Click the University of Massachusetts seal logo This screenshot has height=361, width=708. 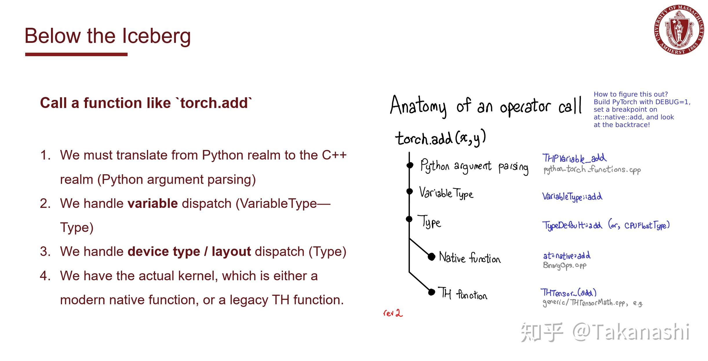679,30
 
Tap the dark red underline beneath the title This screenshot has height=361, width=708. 76,54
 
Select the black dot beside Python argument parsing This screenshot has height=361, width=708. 410,165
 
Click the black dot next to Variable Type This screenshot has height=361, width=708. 409,191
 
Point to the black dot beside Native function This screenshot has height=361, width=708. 432,256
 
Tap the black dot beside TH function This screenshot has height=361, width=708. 432,292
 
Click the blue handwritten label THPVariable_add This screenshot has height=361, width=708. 574,158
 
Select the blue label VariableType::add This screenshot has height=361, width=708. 572,197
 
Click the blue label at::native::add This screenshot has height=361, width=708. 567,256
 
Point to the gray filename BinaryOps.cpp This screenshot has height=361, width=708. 565,265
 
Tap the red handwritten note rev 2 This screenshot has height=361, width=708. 393,313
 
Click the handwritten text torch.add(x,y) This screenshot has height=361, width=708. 441,138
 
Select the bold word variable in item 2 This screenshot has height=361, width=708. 153,204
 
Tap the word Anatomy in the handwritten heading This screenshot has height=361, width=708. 418,106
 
